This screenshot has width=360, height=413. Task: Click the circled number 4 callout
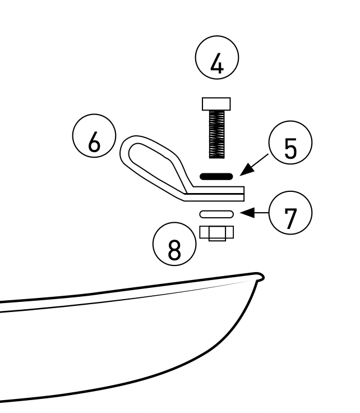click(x=217, y=57)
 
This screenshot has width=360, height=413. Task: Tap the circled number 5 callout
click(x=290, y=143)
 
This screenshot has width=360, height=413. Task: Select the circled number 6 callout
click(x=94, y=136)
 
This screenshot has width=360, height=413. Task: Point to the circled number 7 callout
click(x=290, y=213)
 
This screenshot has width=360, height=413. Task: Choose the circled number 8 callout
click(x=174, y=244)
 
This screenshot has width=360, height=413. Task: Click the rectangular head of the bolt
click(x=216, y=104)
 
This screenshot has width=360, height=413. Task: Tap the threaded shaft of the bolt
click(x=217, y=134)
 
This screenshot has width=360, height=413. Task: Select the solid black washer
click(x=216, y=176)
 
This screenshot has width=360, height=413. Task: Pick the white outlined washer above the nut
click(x=216, y=214)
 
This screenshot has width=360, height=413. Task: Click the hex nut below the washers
click(x=216, y=233)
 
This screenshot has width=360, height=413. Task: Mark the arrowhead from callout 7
click(x=247, y=213)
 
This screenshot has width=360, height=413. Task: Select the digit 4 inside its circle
click(x=218, y=63)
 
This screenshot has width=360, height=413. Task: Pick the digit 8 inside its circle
click(x=174, y=249)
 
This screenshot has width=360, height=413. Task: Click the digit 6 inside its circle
click(x=94, y=142)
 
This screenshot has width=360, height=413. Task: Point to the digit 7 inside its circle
click(x=290, y=219)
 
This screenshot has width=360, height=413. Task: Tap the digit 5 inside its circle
click(x=290, y=148)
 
